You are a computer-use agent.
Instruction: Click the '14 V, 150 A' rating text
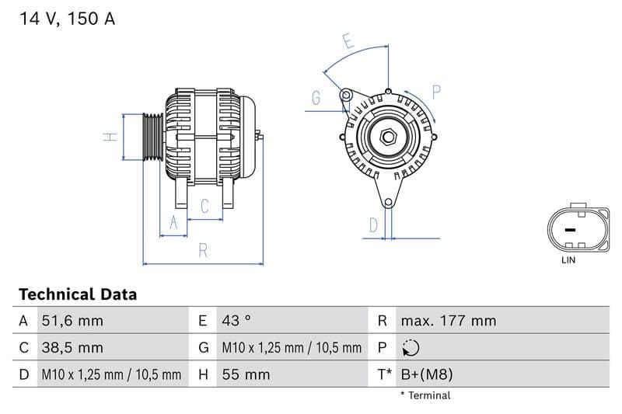coord(67,19)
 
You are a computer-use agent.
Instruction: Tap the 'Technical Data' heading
coord(78,294)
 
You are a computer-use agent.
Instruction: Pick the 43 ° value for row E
coord(236,321)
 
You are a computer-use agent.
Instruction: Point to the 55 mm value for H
coord(246,375)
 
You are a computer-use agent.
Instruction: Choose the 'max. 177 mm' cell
coord(448,321)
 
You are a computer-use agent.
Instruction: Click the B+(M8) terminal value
coord(426,375)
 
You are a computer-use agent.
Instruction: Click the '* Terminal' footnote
coord(425,395)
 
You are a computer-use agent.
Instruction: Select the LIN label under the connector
coord(568,260)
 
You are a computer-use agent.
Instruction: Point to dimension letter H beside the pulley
coord(111,137)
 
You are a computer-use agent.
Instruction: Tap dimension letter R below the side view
coord(202,250)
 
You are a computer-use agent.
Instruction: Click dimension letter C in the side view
coord(204,206)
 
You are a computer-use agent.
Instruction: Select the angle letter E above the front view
coord(348,42)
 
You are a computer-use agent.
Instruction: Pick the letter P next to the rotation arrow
coord(436,92)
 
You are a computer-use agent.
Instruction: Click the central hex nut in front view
coord(388,138)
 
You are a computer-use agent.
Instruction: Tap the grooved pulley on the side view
coord(152,137)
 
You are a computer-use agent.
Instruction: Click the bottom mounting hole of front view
coord(388,203)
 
